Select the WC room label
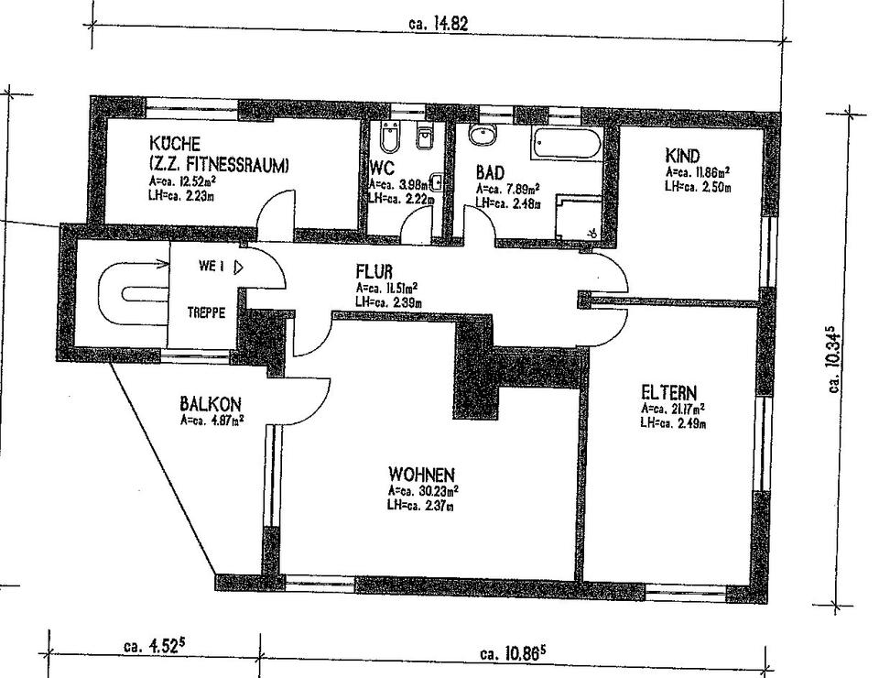coord(382,169)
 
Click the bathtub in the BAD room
coord(568,145)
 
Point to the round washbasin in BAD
coord(482,135)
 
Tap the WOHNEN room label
coord(421,475)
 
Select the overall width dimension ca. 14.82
coord(439,25)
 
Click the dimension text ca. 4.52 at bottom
coord(153,645)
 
